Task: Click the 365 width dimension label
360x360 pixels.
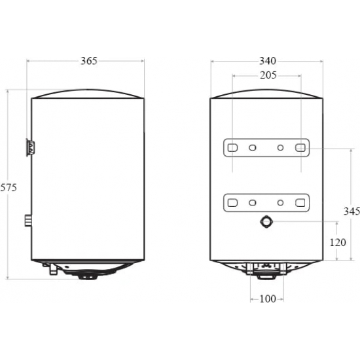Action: pos(89,61)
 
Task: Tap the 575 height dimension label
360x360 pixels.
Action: pos(9,188)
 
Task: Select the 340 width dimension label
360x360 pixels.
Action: pos(268,61)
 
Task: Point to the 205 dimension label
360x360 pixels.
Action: pos(268,75)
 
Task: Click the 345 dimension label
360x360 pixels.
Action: pos(351,211)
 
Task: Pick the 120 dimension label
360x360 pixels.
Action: pos(338,242)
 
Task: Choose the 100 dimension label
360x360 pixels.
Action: pos(268,299)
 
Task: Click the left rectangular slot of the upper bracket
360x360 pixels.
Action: pos(232,148)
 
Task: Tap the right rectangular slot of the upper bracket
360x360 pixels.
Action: pos(300,148)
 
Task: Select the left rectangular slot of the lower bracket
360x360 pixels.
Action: pos(232,203)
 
